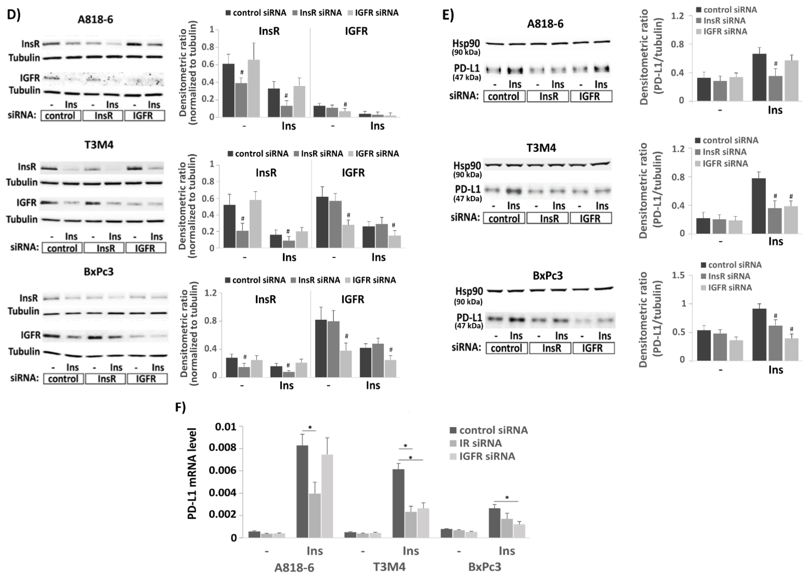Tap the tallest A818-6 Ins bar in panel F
click(x=302, y=491)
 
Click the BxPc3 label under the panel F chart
click(x=485, y=567)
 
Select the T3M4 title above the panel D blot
click(x=99, y=145)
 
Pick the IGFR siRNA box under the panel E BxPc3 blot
click(x=593, y=348)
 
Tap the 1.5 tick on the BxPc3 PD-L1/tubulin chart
click(x=678, y=275)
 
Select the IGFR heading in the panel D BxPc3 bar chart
click(x=353, y=300)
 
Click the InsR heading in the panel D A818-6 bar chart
click(x=269, y=31)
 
